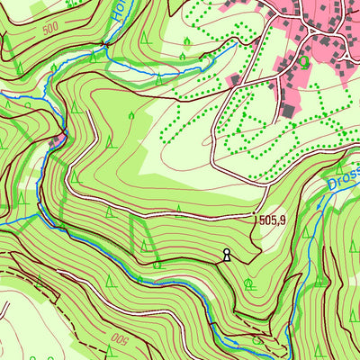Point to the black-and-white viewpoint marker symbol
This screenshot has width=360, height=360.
click(227, 255)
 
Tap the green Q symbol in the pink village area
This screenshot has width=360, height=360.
click(304, 61)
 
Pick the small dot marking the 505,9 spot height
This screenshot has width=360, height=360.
click(256, 217)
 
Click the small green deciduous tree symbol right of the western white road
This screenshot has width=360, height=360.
click(131, 115)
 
